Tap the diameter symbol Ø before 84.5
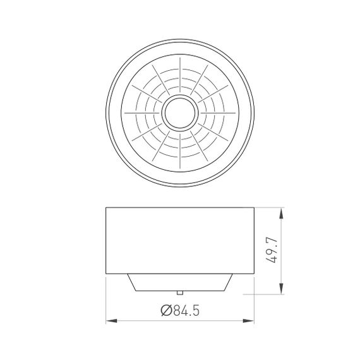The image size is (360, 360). pyautogui.click(x=166, y=309)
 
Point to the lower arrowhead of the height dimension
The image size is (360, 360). pyautogui.click(x=280, y=292)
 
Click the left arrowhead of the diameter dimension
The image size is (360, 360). pyautogui.click(x=109, y=321)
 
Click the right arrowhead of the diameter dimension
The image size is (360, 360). pyautogui.click(x=251, y=321)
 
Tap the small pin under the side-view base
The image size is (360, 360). pyautogui.click(x=181, y=292)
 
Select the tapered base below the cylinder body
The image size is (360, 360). pyautogui.click(x=180, y=282)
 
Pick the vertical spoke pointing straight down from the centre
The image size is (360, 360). pyautogui.click(x=180, y=148)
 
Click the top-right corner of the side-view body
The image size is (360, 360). pyautogui.click(x=254, y=206)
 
